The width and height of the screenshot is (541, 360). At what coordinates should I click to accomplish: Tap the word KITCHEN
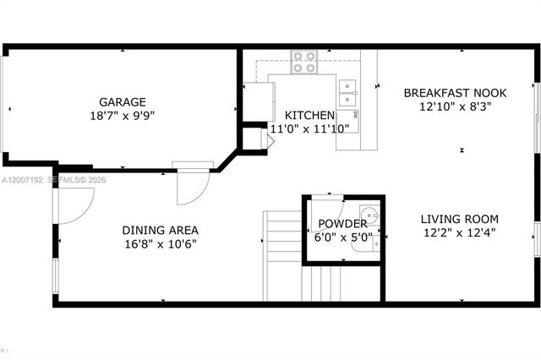click(309, 115)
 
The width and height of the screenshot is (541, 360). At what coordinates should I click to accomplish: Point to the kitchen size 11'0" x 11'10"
click(309, 128)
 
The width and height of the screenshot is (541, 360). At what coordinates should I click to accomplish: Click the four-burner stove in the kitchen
click(304, 62)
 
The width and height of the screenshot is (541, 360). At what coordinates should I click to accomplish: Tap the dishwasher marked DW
click(356, 113)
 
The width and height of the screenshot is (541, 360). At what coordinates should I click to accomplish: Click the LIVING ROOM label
click(459, 219)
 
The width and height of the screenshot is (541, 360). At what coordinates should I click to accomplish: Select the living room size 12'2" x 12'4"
click(459, 233)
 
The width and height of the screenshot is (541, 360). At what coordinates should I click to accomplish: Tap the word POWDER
click(342, 224)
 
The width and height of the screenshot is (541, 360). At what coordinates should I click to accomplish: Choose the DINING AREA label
click(160, 230)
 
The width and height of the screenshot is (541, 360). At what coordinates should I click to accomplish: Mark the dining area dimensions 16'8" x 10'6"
click(160, 244)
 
